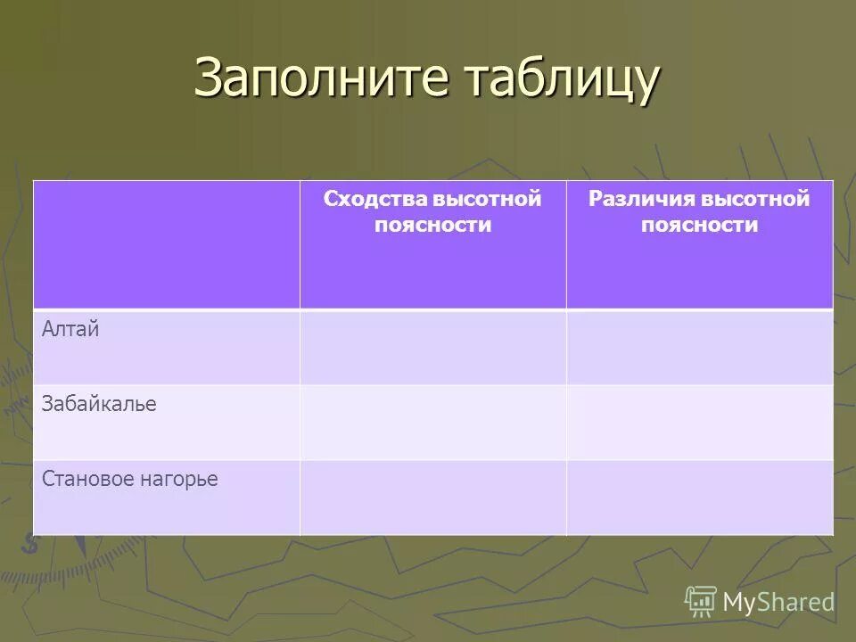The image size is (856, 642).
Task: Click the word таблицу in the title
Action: (562, 78)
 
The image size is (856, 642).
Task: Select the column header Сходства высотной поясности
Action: (432, 211)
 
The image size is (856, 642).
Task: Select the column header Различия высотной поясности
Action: (699, 211)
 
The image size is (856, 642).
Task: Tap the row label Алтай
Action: (70, 329)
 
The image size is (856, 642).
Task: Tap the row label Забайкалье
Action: (99, 404)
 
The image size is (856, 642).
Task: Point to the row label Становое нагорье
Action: (130, 479)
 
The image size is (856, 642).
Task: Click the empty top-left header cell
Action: (166, 244)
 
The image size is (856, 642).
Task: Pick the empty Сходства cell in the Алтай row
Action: (432, 348)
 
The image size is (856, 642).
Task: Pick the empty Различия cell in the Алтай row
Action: (699, 348)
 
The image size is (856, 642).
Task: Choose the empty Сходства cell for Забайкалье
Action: (432, 423)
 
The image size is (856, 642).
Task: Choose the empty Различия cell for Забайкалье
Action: (699, 423)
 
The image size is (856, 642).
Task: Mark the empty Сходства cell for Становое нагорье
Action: (432, 498)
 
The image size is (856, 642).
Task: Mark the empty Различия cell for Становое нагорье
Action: (699, 498)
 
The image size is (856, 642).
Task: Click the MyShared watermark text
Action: (778, 602)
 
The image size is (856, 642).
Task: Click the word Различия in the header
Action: (639, 199)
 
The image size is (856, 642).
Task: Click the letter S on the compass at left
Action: (29, 543)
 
